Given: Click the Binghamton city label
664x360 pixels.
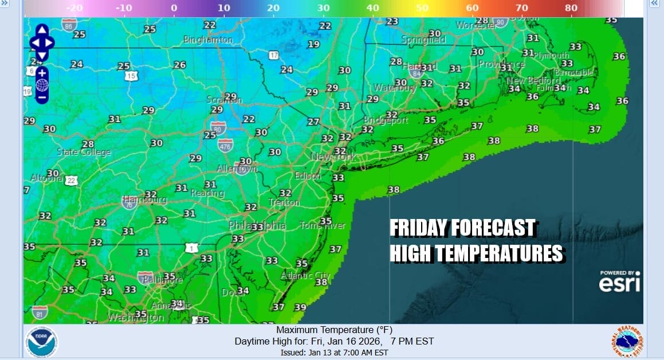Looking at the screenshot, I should (x=209, y=40).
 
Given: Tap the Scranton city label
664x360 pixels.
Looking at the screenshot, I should (x=225, y=100).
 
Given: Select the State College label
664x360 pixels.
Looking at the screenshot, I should (x=84, y=152).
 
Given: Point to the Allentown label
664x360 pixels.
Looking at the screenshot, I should (x=237, y=169).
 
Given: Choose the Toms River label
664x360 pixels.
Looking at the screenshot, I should (x=323, y=225).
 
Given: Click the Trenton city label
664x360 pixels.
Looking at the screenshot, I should (x=284, y=202).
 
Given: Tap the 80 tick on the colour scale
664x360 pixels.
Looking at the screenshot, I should (x=571, y=9).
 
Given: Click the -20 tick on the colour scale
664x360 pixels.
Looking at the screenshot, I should (x=74, y=9).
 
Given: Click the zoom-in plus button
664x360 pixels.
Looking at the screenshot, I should (x=41, y=72).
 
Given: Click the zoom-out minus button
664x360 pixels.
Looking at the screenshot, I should (x=41, y=97).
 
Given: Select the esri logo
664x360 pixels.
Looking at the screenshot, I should (x=619, y=281).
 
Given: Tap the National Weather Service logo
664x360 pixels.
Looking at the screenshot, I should (x=627, y=342).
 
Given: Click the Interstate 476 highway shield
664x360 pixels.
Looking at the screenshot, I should (x=225, y=144).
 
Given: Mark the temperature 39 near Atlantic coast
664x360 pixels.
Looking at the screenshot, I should (x=300, y=307).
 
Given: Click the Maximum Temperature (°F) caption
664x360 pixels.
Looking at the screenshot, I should (x=333, y=330).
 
